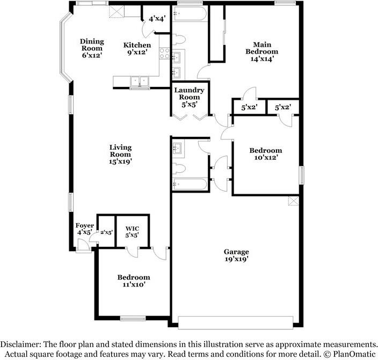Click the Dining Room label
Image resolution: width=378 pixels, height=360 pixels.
[x=92, y=48]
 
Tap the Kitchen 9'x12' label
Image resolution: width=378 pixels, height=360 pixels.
[x=137, y=48]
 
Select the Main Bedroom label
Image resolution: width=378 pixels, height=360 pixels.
[x=262, y=52]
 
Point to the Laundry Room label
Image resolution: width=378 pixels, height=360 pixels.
[x=189, y=97]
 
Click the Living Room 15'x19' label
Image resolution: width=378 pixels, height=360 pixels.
[x=120, y=154]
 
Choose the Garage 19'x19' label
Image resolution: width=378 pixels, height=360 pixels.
[x=236, y=255]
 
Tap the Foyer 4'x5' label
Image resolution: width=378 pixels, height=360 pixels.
[x=84, y=229]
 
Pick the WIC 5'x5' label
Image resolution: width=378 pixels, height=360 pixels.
[x=132, y=231]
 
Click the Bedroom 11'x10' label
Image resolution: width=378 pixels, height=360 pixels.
[x=134, y=281]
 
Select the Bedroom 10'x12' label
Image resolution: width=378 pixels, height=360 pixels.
[x=266, y=154]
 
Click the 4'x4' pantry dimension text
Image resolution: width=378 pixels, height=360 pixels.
[x=157, y=18]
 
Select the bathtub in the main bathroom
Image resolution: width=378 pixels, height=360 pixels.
[x=189, y=14]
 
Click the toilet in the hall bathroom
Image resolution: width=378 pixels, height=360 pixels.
[x=179, y=168]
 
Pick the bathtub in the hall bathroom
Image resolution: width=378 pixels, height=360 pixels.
[x=189, y=185]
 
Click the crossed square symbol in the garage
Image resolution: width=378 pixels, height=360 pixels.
[x=293, y=201]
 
